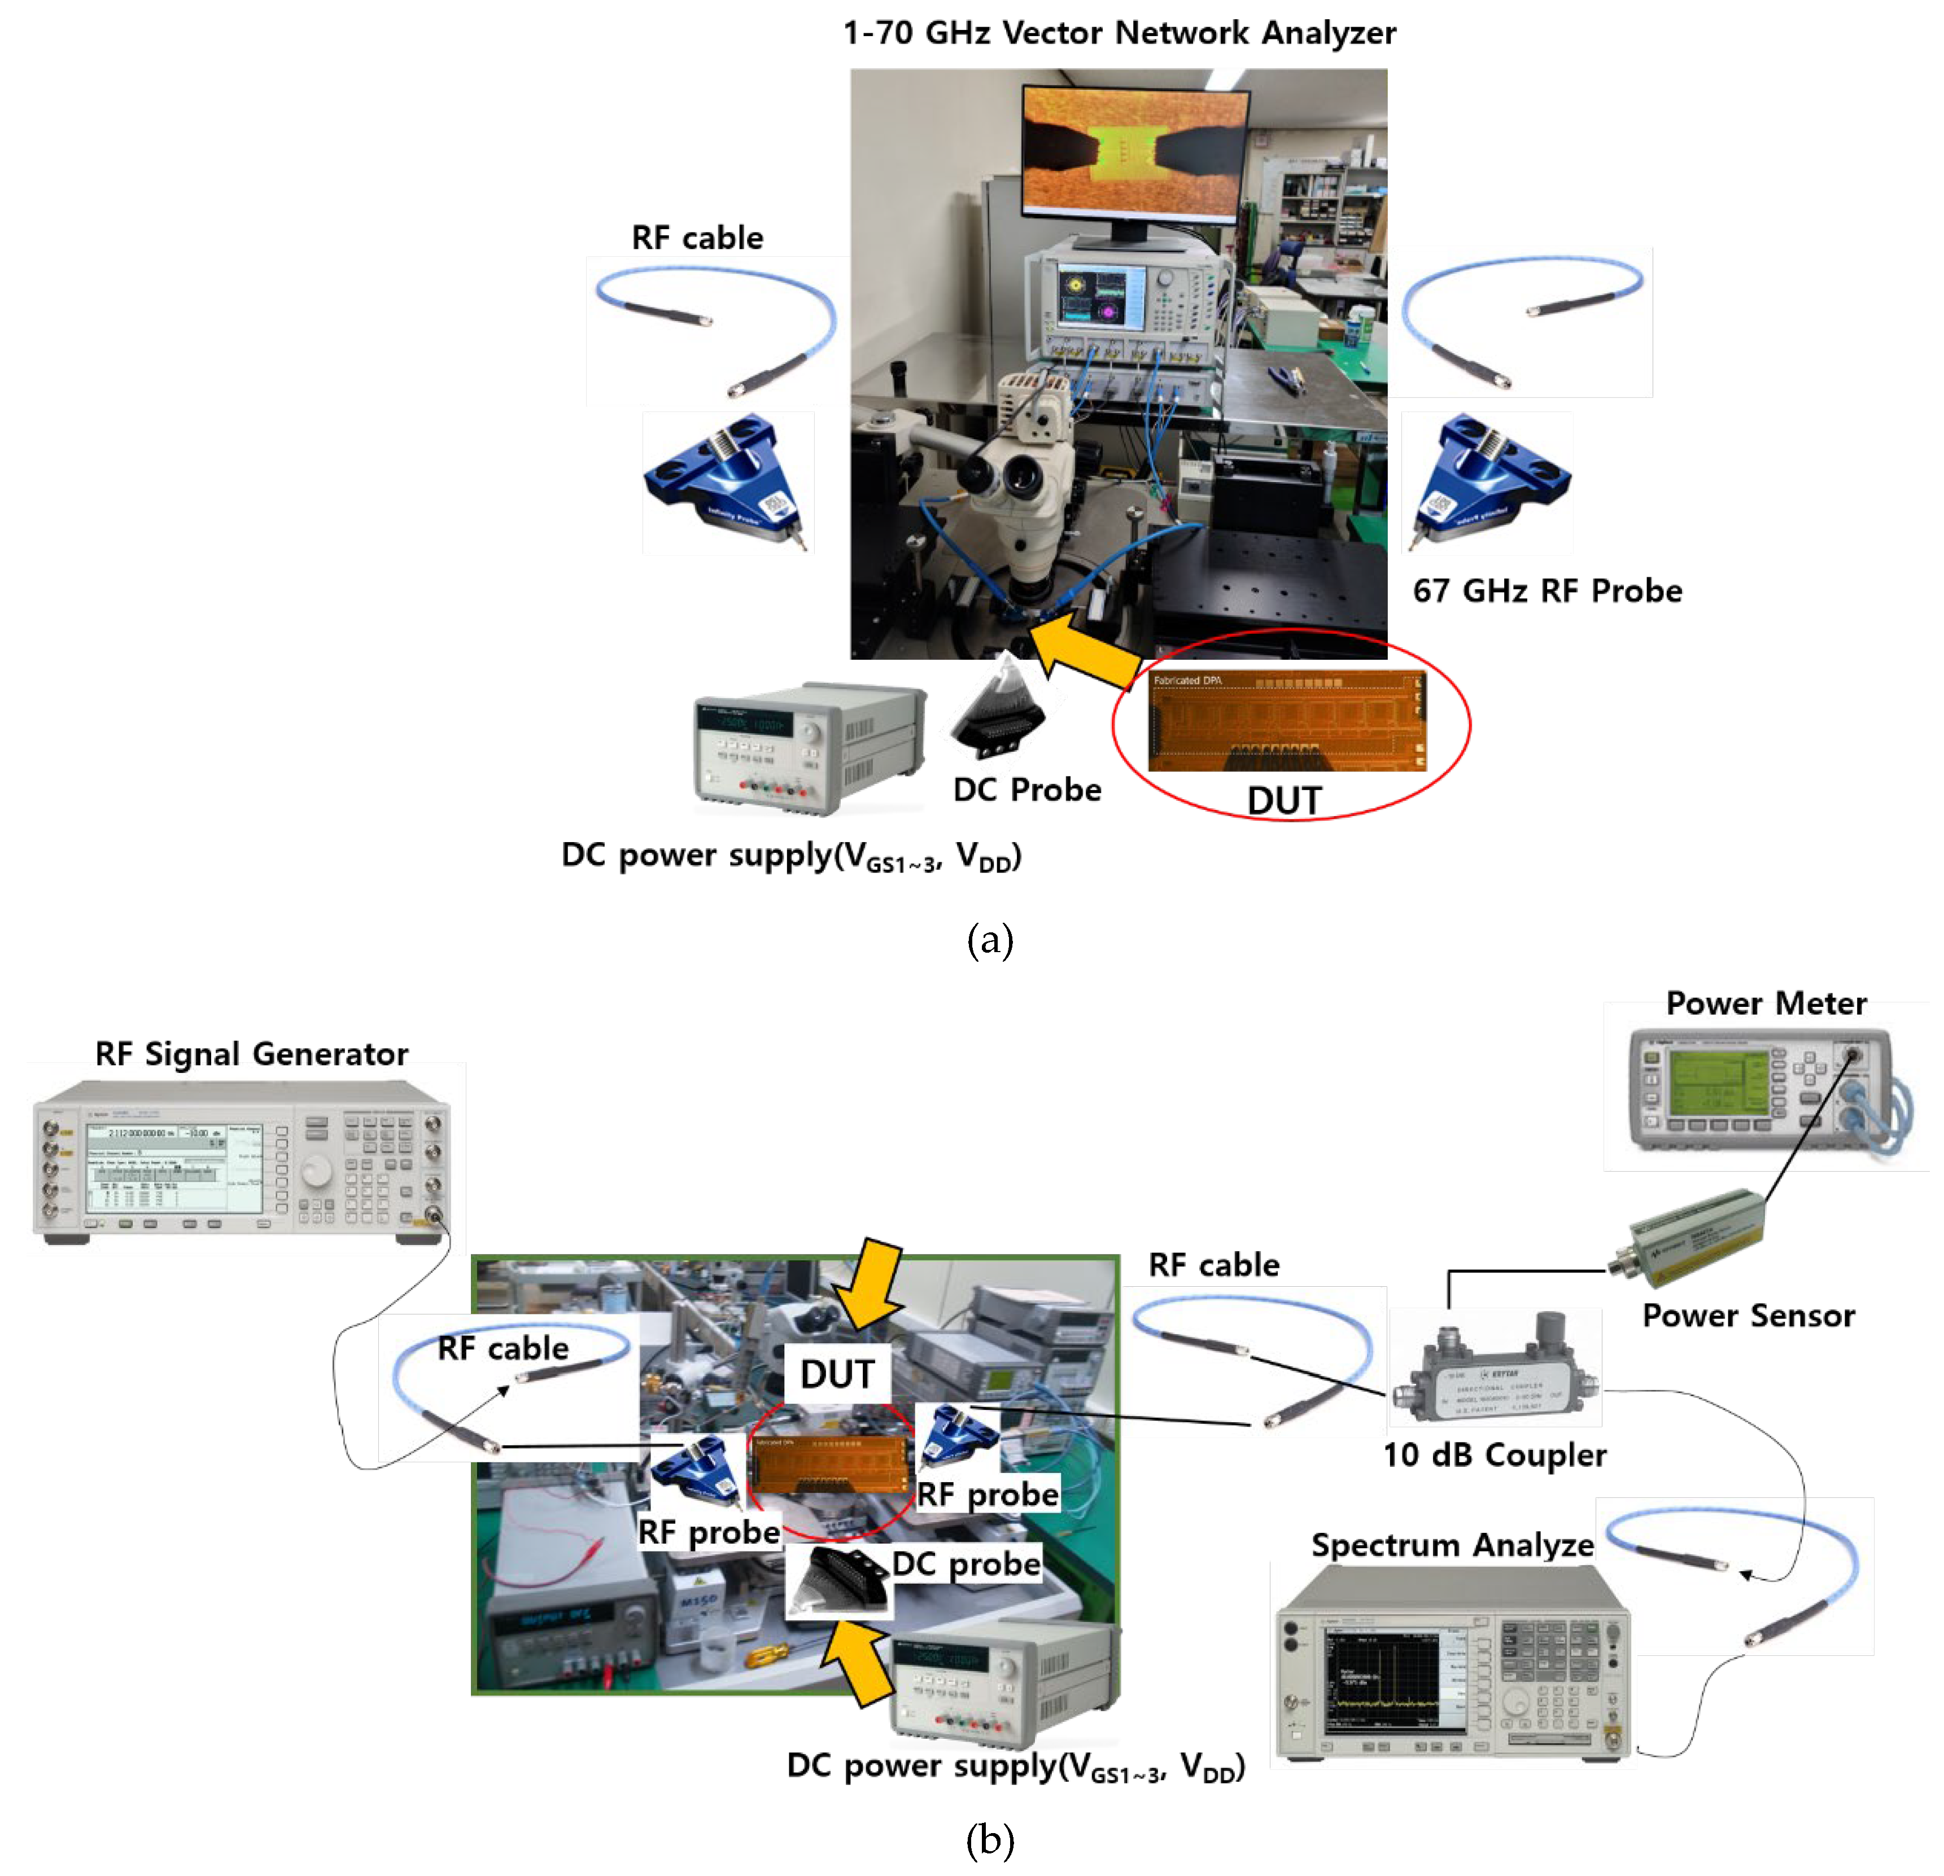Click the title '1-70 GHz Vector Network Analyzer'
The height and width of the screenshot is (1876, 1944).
click(1118, 33)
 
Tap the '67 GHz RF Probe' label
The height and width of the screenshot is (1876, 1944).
click(1547, 591)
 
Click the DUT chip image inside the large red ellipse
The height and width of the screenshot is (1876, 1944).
click(1286, 721)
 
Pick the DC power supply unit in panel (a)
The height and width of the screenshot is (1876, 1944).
click(809, 748)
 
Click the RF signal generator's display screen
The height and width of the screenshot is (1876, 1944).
click(173, 1168)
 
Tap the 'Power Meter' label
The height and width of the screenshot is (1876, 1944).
click(1766, 1003)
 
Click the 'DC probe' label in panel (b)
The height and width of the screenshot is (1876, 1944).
click(965, 1564)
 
